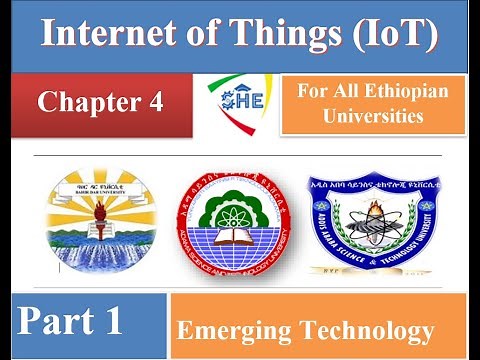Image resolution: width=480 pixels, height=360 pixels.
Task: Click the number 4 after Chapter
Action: coord(155,102)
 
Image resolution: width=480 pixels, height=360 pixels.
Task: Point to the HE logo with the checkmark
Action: coord(239,99)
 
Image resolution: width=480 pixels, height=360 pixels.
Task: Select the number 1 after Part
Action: coord(111,321)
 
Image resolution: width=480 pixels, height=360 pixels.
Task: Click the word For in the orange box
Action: coord(310,90)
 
